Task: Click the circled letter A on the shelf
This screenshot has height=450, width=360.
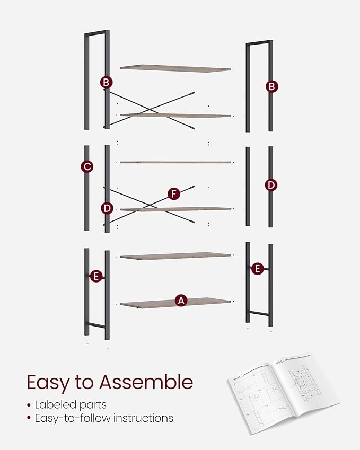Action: (181, 301)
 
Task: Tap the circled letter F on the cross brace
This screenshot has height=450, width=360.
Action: (173, 194)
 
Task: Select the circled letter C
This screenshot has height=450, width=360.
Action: (87, 166)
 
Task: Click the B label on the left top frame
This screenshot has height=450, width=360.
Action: (107, 82)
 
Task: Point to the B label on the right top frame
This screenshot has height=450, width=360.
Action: (272, 86)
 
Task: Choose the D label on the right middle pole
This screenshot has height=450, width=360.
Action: (271, 185)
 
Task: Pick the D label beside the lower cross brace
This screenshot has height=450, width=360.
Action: (107, 208)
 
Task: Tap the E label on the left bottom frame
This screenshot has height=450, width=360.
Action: (96, 276)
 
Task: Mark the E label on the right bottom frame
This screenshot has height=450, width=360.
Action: (257, 269)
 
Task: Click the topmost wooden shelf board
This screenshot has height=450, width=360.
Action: (175, 67)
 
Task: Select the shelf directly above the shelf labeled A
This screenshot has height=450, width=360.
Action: (175, 256)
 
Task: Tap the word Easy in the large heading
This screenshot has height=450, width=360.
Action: (48, 382)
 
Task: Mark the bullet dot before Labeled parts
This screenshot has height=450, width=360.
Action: (29, 405)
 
